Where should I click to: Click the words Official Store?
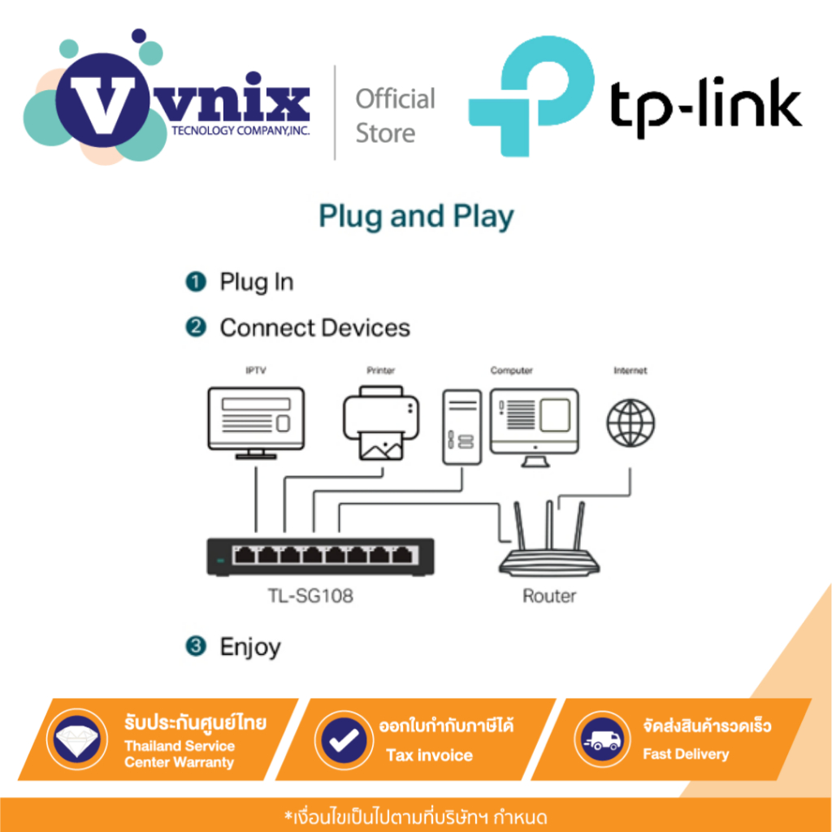tap(396, 116)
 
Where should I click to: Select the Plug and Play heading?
tap(416, 217)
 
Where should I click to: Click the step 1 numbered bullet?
tap(194, 283)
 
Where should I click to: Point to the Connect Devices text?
tap(314, 328)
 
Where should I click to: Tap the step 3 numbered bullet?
tap(194, 647)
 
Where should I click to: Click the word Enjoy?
tap(250, 648)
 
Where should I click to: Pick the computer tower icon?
tap(461, 427)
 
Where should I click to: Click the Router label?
tap(549, 596)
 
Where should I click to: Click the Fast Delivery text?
tap(686, 755)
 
